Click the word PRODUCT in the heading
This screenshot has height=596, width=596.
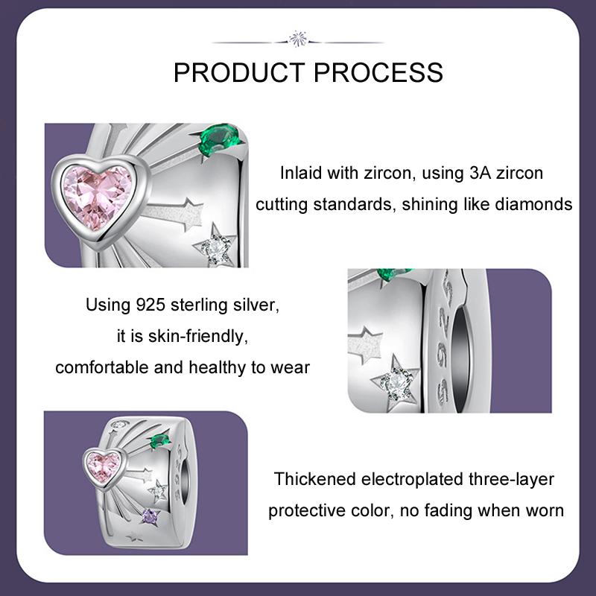239,72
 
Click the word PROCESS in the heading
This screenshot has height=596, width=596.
378,72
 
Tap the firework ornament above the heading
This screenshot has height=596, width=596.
298,39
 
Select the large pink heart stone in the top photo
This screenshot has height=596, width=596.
98,197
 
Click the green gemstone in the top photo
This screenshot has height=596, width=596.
218,139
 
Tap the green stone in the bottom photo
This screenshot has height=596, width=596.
159,441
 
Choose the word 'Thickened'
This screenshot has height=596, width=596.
315,479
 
